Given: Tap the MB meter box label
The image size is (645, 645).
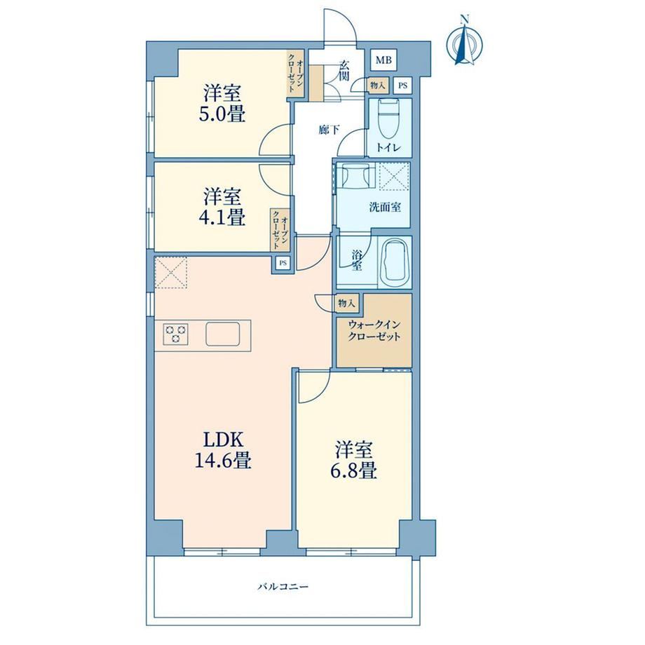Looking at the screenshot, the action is (383, 60).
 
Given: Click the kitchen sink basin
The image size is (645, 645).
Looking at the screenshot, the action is (222, 334).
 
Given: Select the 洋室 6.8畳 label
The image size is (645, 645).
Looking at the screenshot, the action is (353, 460).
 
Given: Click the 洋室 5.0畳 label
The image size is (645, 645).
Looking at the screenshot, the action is (222, 104).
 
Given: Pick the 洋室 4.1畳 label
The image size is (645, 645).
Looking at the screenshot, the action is (222, 207).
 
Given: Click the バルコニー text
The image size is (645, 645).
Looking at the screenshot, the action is (283, 586).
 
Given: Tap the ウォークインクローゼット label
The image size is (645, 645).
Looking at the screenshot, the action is (374, 331).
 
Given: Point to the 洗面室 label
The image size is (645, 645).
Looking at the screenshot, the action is (385, 207).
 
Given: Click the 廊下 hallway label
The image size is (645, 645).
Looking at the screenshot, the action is (329, 130).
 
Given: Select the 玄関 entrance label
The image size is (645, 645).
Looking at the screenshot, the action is (345, 70).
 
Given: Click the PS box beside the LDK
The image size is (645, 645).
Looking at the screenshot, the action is (283, 262).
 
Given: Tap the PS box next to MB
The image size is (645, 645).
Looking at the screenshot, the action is (402, 86).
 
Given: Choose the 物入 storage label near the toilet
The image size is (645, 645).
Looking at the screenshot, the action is (377, 86).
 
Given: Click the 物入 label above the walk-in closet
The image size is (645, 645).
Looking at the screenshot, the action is (346, 304).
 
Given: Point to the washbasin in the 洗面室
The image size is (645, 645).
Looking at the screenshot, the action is (355, 176).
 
